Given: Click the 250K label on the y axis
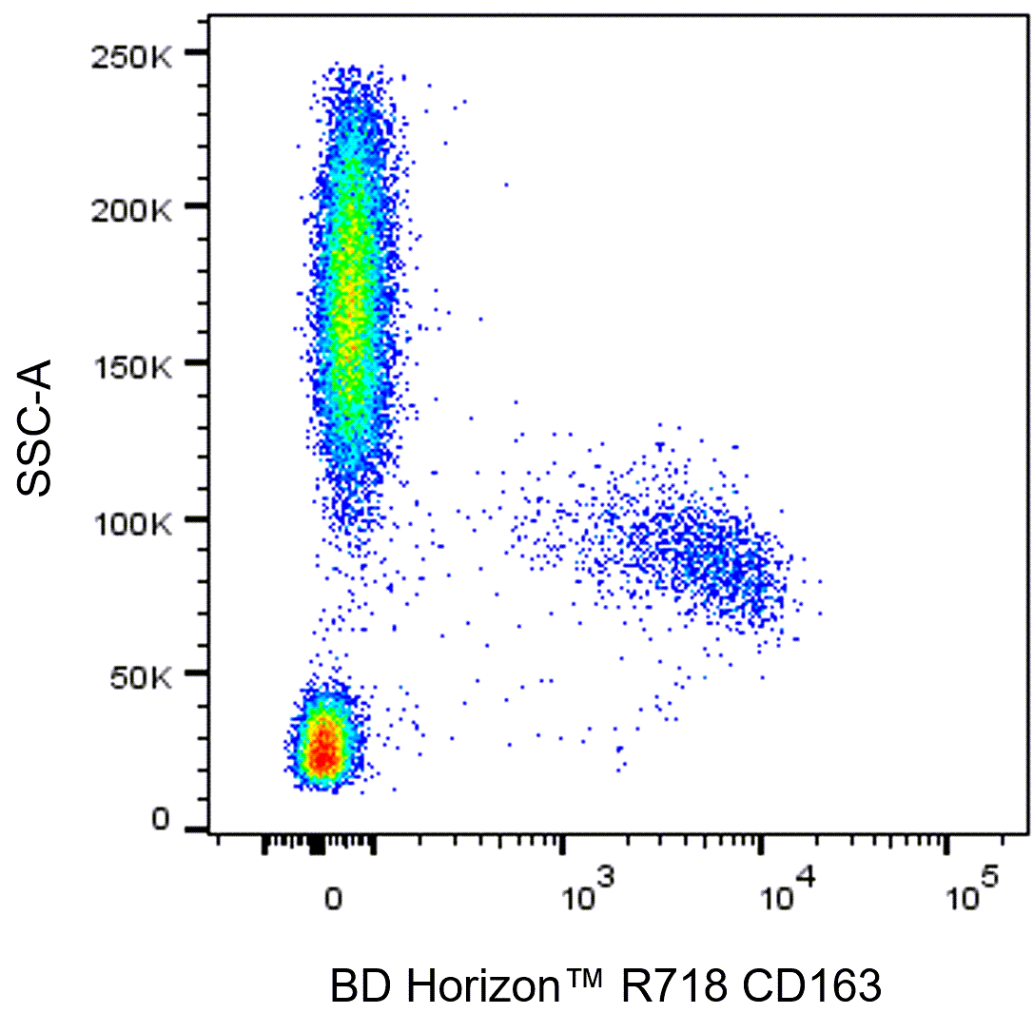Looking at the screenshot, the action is click(x=132, y=58).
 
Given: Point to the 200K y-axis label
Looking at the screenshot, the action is click(x=132, y=211).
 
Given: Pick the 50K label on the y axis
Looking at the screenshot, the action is click(x=141, y=678).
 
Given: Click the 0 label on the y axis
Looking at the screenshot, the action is click(x=161, y=819).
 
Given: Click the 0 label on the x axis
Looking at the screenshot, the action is click(x=333, y=899).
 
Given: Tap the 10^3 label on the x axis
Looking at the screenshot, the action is click(x=588, y=888).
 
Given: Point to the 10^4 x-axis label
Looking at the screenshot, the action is click(x=788, y=888).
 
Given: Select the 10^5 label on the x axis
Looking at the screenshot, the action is click(x=972, y=888).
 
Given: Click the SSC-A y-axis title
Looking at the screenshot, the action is click(x=34, y=427).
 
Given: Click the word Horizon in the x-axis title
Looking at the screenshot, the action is click(x=483, y=986).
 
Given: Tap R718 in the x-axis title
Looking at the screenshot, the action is click(x=674, y=986).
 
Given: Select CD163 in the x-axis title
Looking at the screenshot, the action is click(x=811, y=986).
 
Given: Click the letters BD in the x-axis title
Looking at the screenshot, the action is click(x=361, y=986).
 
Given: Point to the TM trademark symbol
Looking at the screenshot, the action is click(x=583, y=976).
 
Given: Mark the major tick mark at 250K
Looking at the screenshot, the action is click(x=197, y=52).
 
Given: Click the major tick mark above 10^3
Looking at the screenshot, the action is click(x=562, y=846).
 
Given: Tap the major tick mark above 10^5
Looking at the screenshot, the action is click(x=946, y=846).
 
